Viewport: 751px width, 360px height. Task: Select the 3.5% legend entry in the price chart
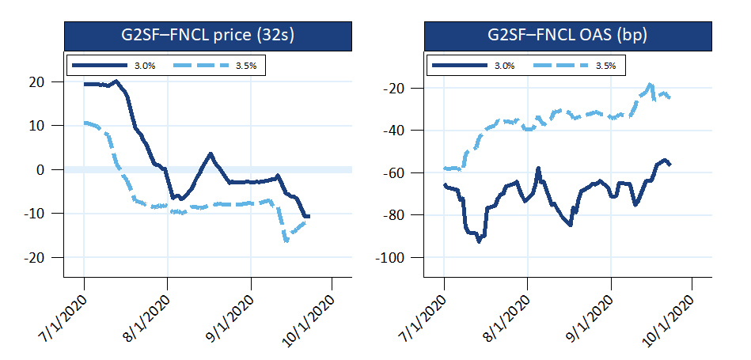click(x=239, y=64)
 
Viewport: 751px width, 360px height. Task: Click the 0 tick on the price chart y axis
click(x=57, y=169)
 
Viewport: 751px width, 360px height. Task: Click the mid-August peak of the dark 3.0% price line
click(x=211, y=153)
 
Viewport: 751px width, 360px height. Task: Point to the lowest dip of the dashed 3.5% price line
click(x=286, y=241)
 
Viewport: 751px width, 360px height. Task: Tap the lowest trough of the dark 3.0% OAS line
click(x=479, y=241)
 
